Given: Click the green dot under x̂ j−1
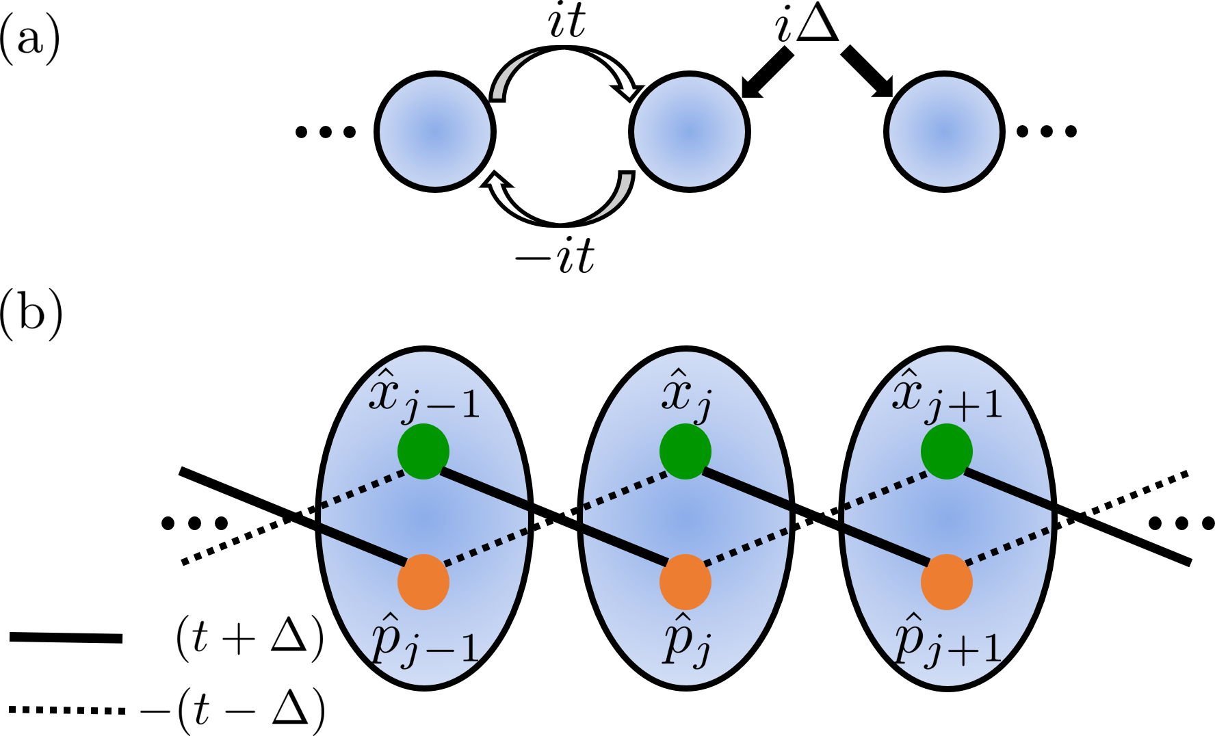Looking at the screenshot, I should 423,451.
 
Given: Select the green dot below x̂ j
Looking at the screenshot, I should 685,451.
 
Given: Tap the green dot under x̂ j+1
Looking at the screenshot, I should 947,451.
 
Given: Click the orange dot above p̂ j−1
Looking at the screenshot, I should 423,582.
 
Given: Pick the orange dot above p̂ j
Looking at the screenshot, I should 685,582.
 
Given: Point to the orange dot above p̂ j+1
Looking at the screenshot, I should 947,582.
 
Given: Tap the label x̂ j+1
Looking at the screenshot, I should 948,397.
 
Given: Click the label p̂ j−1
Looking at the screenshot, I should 424,641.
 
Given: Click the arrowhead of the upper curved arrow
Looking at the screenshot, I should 628,90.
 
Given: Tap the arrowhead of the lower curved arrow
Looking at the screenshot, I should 495,182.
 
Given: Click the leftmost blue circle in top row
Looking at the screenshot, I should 435,131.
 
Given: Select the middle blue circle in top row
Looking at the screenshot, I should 690,131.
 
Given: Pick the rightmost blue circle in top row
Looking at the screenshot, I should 944,131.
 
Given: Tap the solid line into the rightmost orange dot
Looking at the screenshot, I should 886,544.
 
